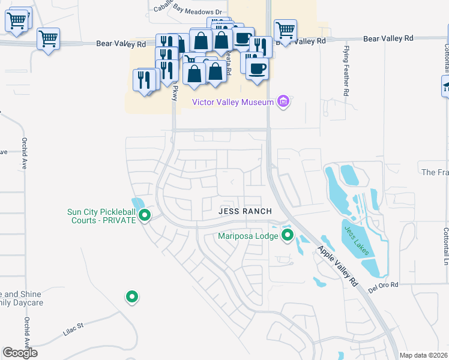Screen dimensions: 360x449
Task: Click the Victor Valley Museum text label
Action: [x=232, y=102]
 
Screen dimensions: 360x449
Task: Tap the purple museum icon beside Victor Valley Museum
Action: [x=283, y=102]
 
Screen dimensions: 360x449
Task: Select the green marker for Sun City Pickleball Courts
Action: [x=144, y=215]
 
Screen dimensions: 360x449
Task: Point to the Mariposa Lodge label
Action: [x=248, y=236]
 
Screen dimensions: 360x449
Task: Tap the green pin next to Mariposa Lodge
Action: [x=288, y=235]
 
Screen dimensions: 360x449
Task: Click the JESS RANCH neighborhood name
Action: [x=245, y=211]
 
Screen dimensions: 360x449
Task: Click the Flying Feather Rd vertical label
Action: [x=346, y=71]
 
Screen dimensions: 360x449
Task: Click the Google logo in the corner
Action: [x=20, y=353]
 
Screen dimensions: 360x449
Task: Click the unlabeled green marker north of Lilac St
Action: [x=132, y=296]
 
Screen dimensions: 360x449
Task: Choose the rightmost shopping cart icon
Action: [x=285, y=29]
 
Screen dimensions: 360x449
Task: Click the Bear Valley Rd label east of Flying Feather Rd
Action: [x=388, y=38]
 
